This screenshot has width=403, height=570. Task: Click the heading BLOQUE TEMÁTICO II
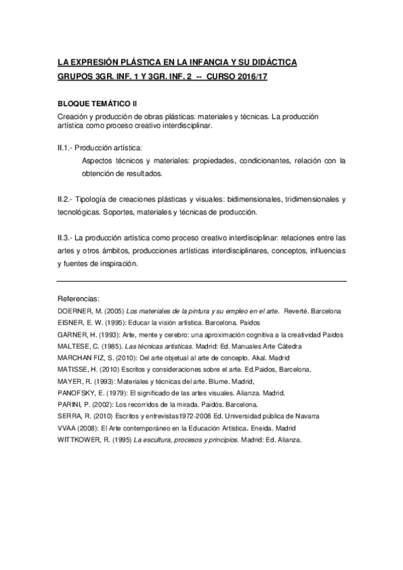point(97,105)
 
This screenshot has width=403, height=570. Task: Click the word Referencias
point(79,298)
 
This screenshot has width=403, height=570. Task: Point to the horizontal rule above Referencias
point(202,281)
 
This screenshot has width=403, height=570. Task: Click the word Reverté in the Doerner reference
point(297,311)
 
